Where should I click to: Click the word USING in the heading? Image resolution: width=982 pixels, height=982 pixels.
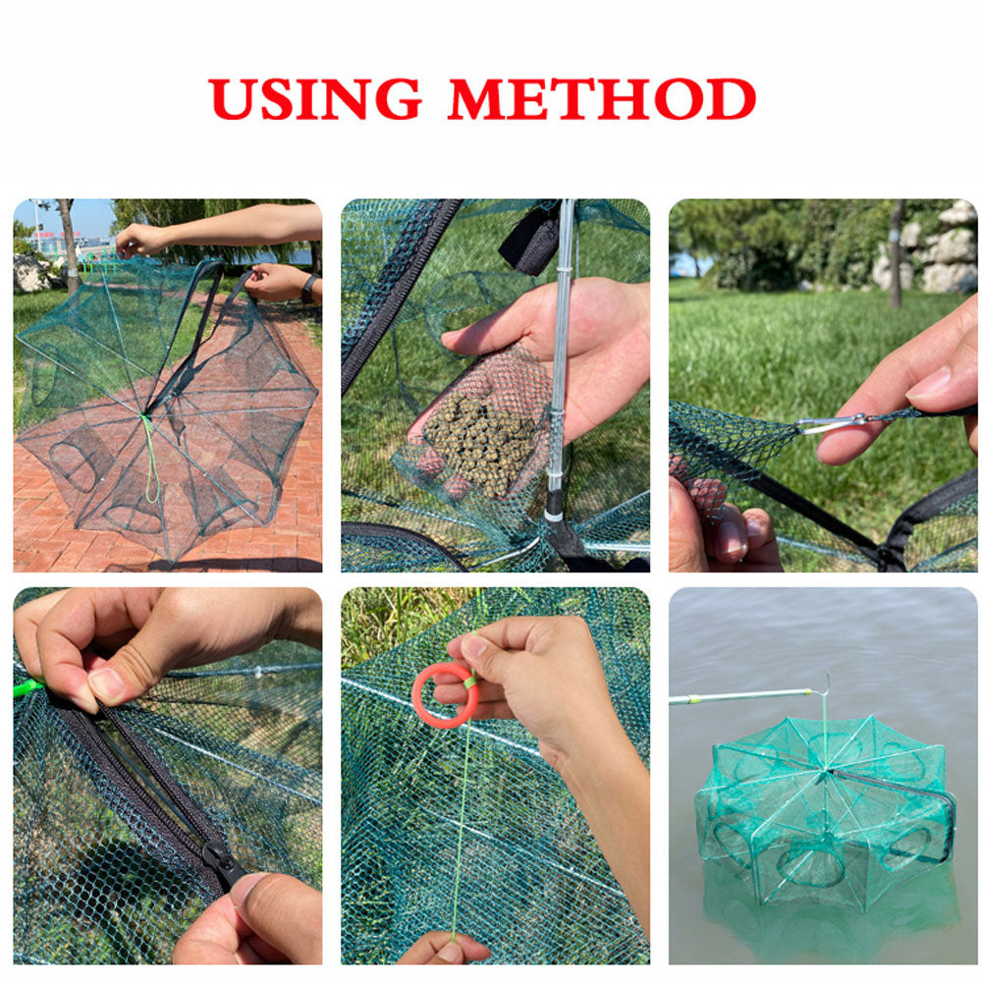314,98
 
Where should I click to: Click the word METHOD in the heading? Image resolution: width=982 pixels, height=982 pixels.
601,98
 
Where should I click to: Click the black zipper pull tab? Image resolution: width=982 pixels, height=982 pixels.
223,863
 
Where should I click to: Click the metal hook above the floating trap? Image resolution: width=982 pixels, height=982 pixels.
826,683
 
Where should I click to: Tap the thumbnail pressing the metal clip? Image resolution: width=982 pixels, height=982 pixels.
929,382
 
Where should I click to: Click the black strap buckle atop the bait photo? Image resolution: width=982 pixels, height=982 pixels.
530,238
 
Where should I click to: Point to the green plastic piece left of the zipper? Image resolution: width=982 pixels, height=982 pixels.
27,687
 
